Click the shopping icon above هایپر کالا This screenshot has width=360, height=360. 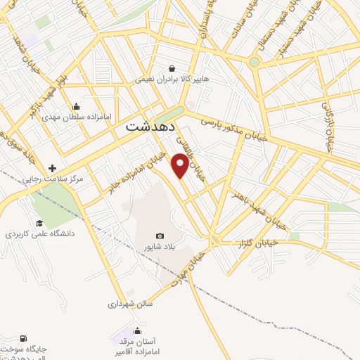point(172,68)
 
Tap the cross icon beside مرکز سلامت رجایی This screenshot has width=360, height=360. point(53,169)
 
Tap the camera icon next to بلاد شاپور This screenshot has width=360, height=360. point(160,236)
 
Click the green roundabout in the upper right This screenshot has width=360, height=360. point(254,62)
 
